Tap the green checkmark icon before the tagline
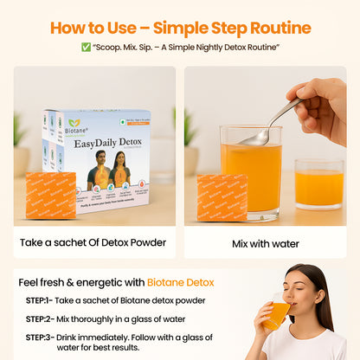tap(86, 48)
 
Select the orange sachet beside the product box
tap(50, 196)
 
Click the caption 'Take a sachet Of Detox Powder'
tap(94, 243)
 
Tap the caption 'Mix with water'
tap(265, 243)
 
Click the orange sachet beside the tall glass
tap(221, 197)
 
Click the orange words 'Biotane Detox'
tap(181, 282)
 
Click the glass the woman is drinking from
tap(276, 314)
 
